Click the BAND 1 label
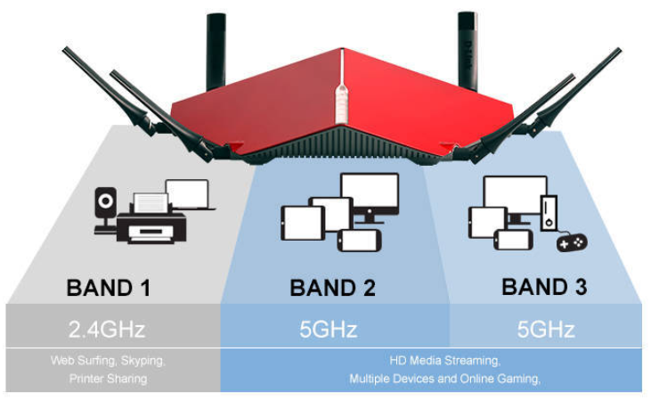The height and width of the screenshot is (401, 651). click(x=109, y=288)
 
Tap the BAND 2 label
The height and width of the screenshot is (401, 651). click(x=332, y=288)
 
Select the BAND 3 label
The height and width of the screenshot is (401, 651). click(x=544, y=287)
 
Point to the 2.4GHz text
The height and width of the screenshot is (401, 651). click(x=107, y=330)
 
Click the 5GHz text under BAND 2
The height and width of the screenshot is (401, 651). click(x=328, y=330)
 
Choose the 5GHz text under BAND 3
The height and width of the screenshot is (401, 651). click(x=546, y=330)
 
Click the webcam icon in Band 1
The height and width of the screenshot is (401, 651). click(x=105, y=210)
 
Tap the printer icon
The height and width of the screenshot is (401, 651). click(x=151, y=219)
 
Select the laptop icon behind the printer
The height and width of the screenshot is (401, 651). click(x=189, y=194)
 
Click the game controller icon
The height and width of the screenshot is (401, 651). click(x=572, y=242)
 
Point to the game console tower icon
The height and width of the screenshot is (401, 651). click(x=549, y=213)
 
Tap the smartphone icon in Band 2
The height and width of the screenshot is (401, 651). click(x=359, y=241)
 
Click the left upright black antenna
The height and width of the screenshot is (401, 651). click(x=216, y=52)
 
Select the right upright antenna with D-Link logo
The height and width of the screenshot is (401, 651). click(x=468, y=51)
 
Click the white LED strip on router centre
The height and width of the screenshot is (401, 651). click(x=341, y=102)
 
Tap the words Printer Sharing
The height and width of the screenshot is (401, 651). click(x=109, y=379)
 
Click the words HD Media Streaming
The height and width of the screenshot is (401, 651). click(x=444, y=360)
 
